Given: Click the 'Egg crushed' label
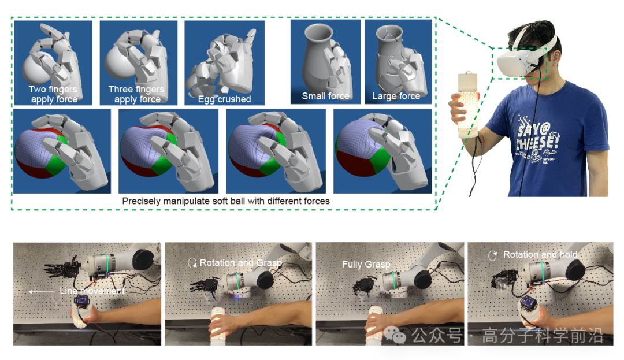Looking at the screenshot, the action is click(224, 99).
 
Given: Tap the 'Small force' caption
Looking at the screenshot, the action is click(325, 96).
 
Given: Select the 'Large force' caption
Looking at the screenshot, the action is click(396, 96).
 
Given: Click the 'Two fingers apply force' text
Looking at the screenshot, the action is click(54, 94).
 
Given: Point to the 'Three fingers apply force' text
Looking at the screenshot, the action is click(136, 94).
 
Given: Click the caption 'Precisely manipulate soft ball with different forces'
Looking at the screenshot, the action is click(226, 201).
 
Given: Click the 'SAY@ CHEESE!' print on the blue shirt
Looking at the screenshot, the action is click(537, 137).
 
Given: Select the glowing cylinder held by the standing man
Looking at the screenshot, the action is click(468, 105).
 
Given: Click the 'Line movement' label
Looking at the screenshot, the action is click(92, 291).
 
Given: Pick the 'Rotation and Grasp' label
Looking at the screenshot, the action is click(241, 263).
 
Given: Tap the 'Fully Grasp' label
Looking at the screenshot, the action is click(366, 264).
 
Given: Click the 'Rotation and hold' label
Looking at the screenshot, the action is click(540, 255).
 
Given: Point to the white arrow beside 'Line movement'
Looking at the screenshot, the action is click(42, 292).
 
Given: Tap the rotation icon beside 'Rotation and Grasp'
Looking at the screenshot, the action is click(192, 263).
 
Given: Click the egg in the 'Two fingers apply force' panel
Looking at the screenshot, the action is click(36, 68).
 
